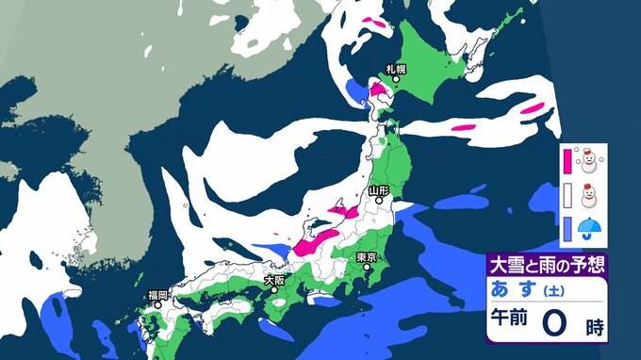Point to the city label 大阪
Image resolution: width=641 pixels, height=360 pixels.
274,280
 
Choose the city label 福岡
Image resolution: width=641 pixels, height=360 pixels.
156,295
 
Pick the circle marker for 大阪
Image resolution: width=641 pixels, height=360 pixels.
274,290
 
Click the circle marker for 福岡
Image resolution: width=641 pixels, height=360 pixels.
156,305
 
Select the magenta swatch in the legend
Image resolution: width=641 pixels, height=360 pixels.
567,162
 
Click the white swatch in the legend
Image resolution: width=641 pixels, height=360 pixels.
567,196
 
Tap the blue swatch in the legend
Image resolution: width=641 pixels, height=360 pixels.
567,227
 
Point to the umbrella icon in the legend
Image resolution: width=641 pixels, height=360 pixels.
590,227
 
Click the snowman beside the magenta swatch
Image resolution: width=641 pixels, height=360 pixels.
590,161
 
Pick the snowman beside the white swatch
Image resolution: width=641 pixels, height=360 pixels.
590,196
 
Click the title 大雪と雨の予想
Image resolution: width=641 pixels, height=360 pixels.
546,263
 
